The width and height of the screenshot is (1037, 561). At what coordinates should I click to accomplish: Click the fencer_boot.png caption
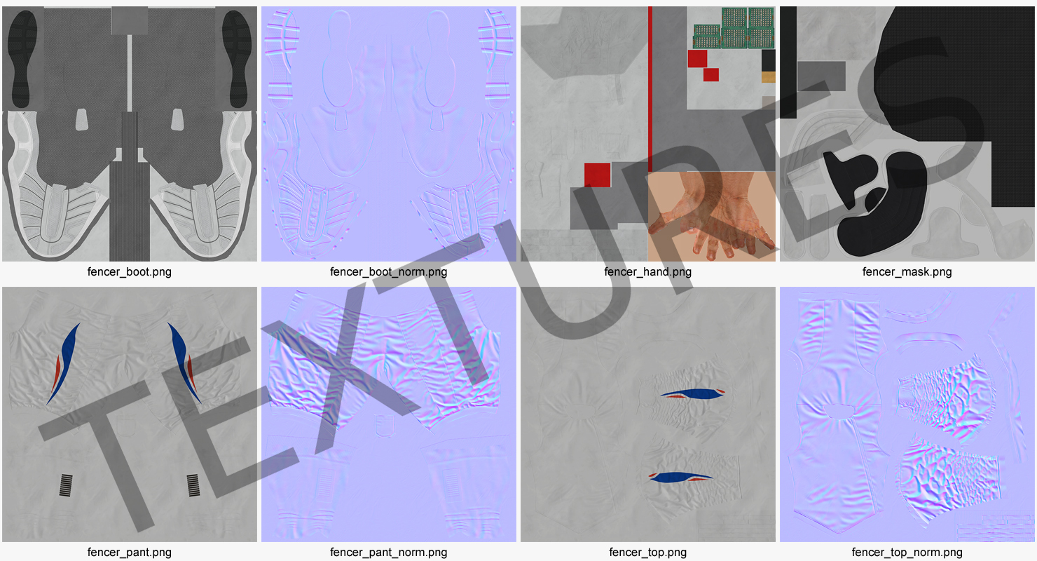(x=129, y=272)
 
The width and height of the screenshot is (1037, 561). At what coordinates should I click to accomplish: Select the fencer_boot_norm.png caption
(x=388, y=272)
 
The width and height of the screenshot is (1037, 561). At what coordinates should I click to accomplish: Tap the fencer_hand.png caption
(x=647, y=272)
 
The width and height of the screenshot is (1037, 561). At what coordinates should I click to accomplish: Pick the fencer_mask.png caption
(x=907, y=272)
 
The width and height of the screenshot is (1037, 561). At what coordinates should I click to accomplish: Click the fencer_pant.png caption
(x=129, y=552)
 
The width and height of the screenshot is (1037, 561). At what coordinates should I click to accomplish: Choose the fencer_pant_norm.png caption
(x=388, y=552)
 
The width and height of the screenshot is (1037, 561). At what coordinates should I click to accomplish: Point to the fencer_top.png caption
(x=647, y=552)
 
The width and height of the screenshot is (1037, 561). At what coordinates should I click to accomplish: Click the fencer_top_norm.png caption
(x=907, y=552)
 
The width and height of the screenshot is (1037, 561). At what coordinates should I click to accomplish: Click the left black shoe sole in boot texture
(x=22, y=59)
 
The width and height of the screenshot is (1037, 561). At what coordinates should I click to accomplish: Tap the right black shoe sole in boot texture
(x=237, y=59)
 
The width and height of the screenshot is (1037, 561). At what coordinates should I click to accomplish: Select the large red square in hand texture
(x=597, y=175)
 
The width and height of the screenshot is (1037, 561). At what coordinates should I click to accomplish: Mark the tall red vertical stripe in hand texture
(x=650, y=89)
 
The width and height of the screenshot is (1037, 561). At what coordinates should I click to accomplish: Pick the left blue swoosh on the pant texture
(x=64, y=364)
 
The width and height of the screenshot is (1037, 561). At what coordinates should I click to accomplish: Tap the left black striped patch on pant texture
(x=66, y=485)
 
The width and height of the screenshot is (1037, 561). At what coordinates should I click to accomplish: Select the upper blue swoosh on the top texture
(x=692, y=394)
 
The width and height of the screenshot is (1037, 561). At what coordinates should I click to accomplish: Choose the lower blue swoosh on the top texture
(x=680, y=477)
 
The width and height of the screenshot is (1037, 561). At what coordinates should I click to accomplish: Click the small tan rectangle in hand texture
(x=769, y=77)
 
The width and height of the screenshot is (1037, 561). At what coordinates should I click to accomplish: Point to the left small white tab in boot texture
(x=82, y=119)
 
